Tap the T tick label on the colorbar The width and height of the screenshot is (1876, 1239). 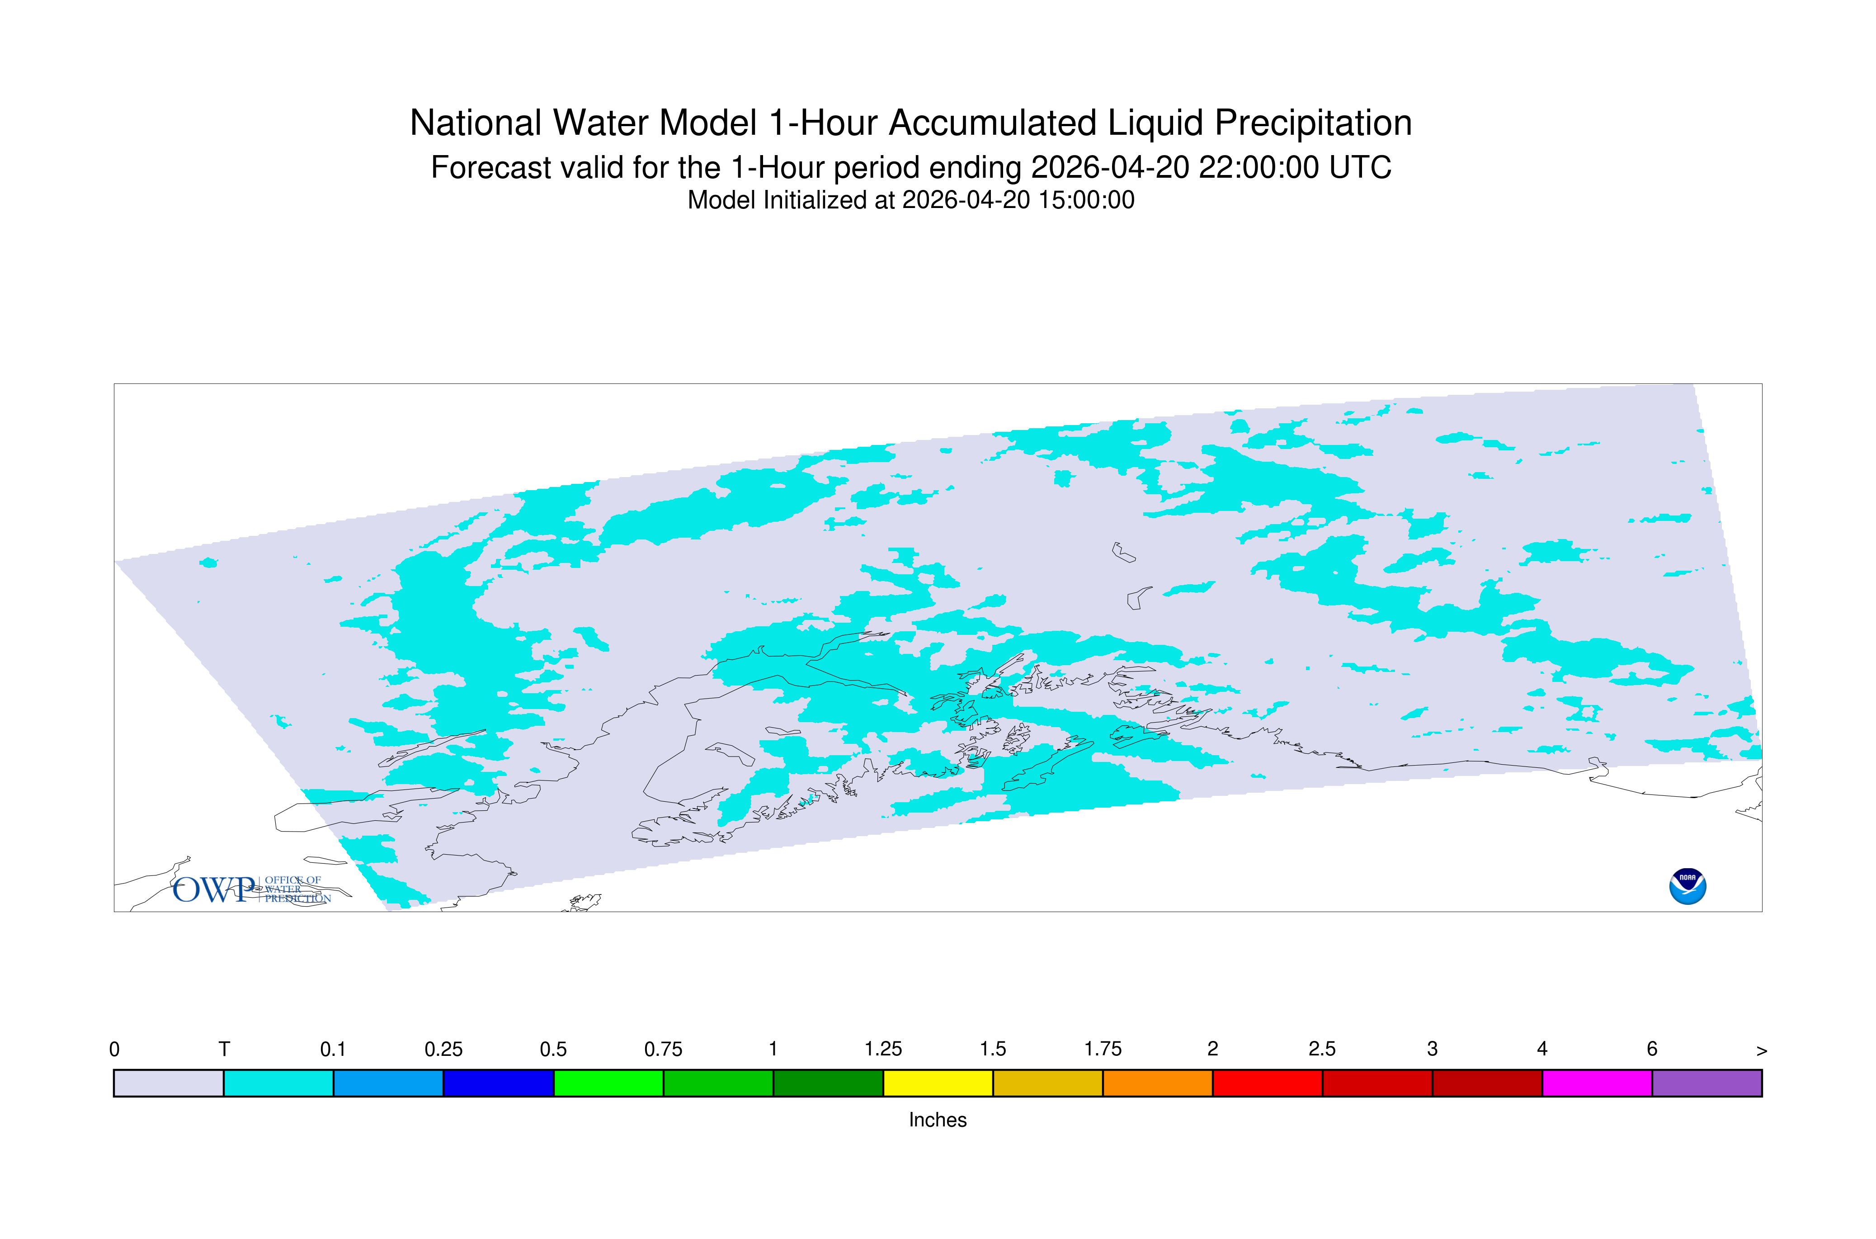pyautogui.click(x=224, y=1050)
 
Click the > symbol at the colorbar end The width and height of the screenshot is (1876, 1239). pyautogui.click(x=1762, y=1051)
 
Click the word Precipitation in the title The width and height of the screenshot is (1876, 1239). pyautogui.click(x=1313, y=123)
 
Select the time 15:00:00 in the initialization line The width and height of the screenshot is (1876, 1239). pyautogui.click(x=1086, y=200)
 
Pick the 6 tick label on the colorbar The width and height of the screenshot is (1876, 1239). pyautogui.click(x=1652, y=1050)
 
